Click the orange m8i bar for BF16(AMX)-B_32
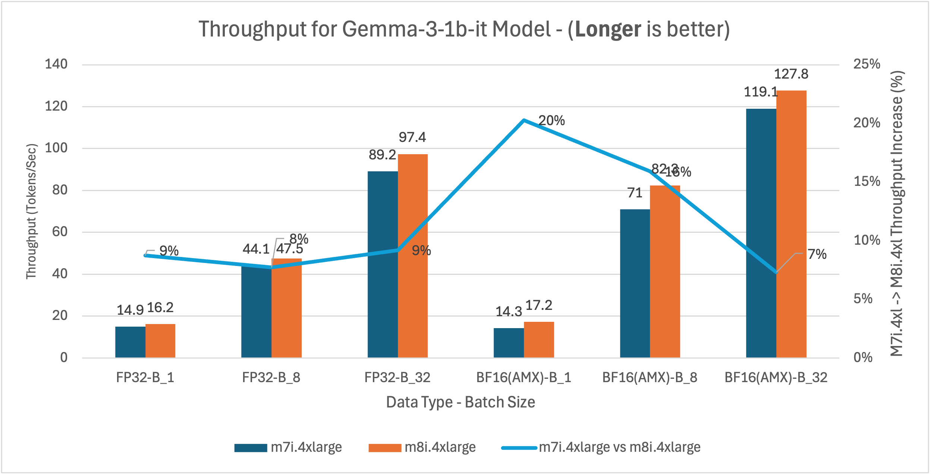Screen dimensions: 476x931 791,223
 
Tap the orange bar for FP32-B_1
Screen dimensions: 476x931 160,341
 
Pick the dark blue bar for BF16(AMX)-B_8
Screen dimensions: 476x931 635,283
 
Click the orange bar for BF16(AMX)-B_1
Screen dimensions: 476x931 539,340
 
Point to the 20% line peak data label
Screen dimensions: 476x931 551,121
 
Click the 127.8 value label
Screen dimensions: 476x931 791,74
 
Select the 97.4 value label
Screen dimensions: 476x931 412,137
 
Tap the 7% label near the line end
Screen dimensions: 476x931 817,254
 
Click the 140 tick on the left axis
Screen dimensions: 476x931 56,64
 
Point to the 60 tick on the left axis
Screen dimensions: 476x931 60,232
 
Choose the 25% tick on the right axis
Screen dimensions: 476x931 866,64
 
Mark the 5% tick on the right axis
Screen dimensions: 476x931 863,299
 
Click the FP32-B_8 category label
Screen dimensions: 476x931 271,378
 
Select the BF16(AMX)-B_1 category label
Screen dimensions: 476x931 523,378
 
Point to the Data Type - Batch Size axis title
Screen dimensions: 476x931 460,402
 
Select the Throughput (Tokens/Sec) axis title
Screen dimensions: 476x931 31,211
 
